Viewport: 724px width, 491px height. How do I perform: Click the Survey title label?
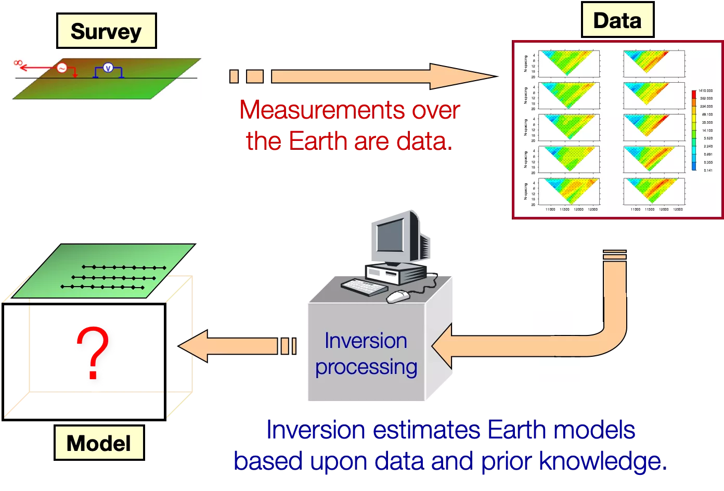106,31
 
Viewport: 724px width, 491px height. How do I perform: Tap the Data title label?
617,21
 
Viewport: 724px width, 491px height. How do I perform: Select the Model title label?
99,443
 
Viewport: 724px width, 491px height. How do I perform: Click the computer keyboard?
365,287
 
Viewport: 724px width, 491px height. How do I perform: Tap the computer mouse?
398,296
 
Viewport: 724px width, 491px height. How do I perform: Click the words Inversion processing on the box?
366,354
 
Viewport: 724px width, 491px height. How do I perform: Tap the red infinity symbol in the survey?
18,63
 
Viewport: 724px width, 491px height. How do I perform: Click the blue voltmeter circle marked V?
108,68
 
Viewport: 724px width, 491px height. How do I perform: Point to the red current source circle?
62,68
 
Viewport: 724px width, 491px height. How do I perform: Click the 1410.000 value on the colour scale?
706,91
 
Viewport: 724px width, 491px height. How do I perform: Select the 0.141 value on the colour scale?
708,170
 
